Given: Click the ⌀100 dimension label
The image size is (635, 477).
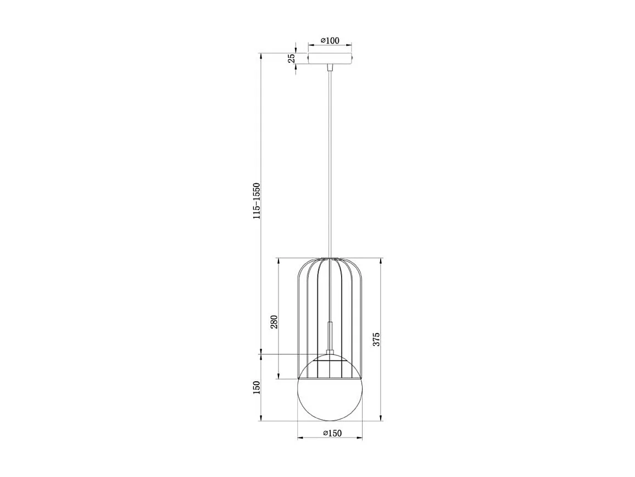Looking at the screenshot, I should click(x=330, y=40).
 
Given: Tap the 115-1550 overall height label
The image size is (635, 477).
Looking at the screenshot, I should click(x=255, y=201).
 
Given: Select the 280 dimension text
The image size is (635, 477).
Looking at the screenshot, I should click(x=274, y=321).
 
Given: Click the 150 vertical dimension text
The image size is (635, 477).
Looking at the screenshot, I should click(x=255, y=388).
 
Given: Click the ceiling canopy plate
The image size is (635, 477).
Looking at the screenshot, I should click(x=330, y=58).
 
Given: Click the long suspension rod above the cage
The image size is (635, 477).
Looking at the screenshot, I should click(x=330, y=165).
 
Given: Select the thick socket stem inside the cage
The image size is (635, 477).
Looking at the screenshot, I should click(x=330, y=336).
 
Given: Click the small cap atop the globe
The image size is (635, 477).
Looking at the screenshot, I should click(x=330, y=353).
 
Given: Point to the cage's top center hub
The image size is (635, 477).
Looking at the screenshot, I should click(x=330, y=258).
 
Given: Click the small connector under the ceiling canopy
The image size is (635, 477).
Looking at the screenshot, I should click(x=330, y=68).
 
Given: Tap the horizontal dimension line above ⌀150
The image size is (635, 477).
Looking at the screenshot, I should click(x=330, y=438).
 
